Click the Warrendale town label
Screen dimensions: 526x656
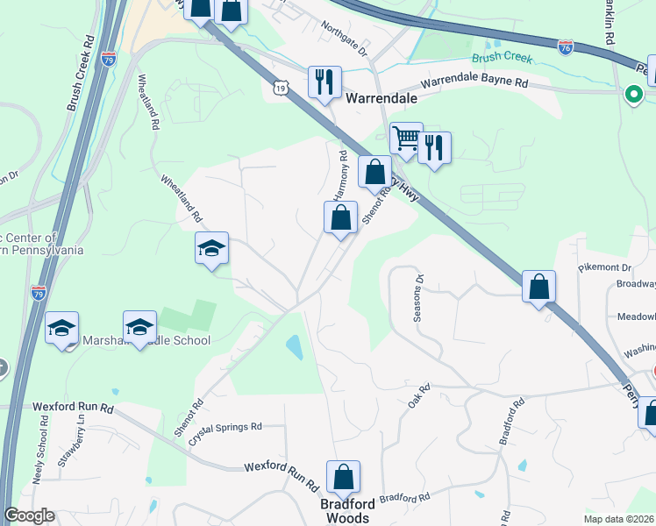(381, 98)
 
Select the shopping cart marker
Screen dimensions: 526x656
(406, 139)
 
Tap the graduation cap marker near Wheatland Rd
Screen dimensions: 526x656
(211, 250)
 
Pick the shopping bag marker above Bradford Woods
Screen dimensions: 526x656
(343, 479)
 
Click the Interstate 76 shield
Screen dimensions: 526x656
(566, 44)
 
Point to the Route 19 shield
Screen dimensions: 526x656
(280, 87)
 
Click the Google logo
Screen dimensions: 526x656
(29, 515)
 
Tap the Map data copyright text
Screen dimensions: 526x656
(619, 519)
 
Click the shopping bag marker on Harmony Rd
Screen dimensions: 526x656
(340, 217)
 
